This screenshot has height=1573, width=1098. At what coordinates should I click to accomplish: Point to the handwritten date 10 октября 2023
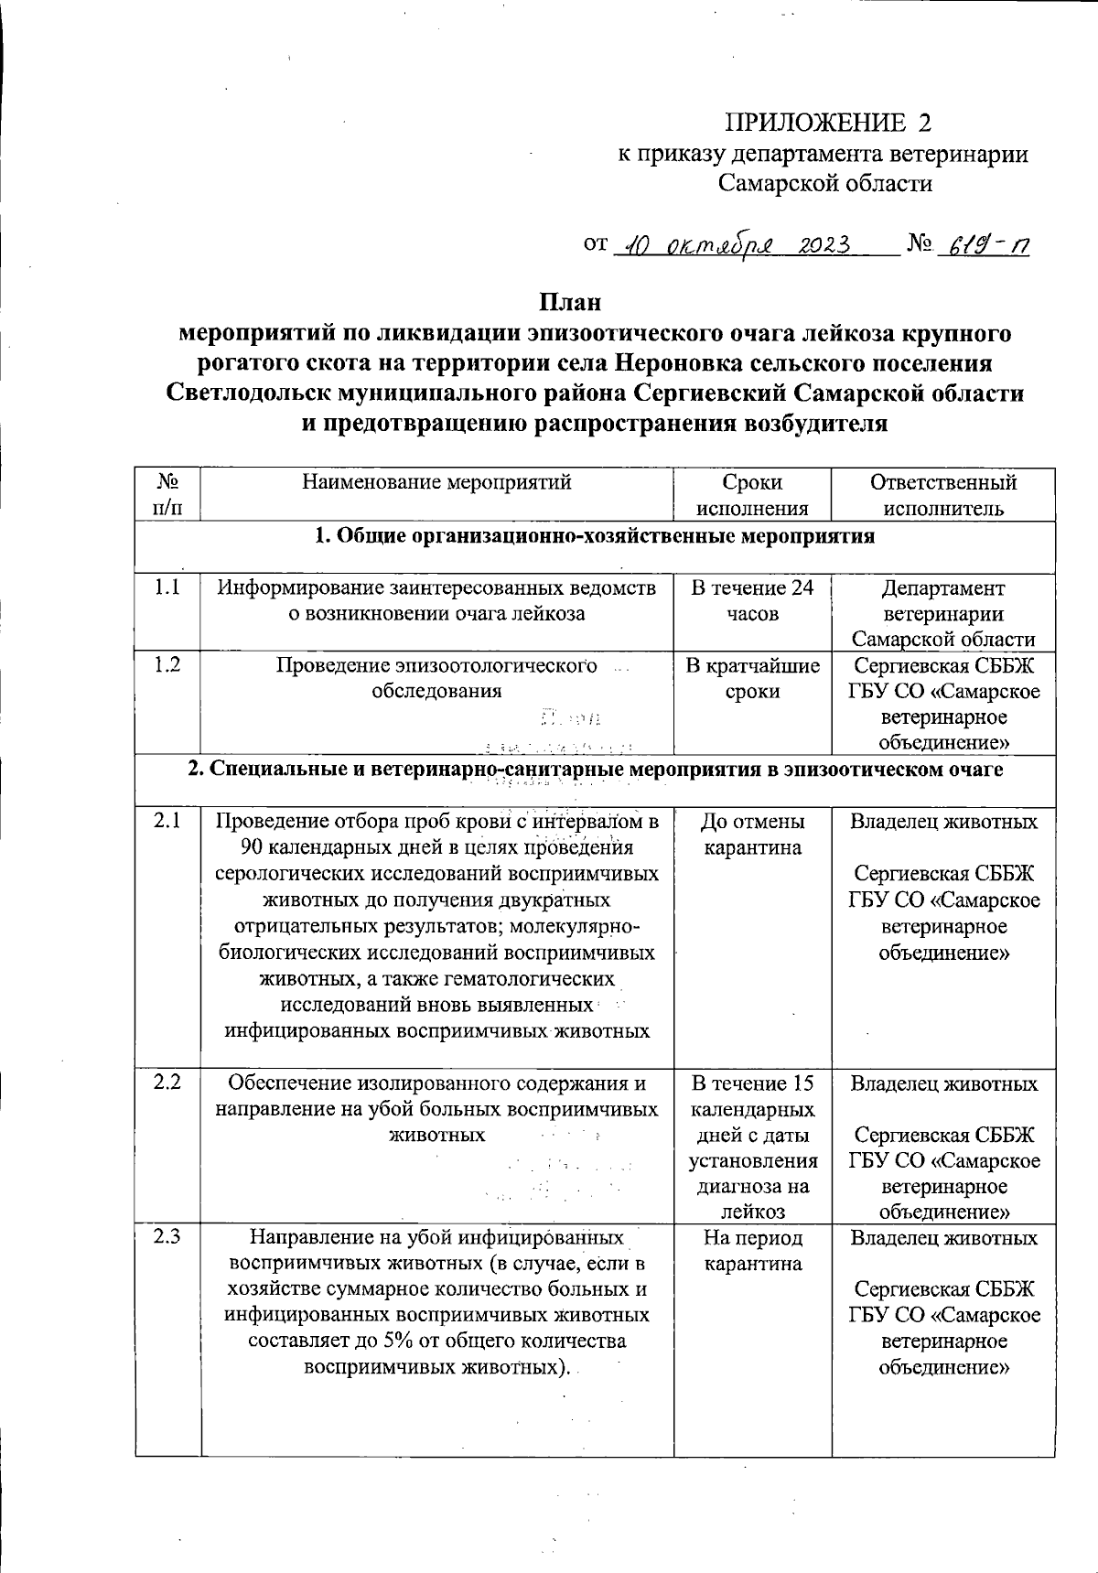coord(733,246)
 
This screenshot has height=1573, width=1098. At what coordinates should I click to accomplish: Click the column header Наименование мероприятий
coord(436,482)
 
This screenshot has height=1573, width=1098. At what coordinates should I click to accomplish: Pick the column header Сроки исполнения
coord(752,495)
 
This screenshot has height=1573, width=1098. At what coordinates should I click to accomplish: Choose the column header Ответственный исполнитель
coord(942,495)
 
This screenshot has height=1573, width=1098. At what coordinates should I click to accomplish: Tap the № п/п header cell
coord(167,495)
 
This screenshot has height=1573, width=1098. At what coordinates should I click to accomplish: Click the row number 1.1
coord(167,588)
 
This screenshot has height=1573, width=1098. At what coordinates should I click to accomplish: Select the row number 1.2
coord(167,665)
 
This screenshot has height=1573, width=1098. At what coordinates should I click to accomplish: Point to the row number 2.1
coord(167,822)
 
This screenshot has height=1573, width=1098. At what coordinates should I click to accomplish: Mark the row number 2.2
coord(167,1083)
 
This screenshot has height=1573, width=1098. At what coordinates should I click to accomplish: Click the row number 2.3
coord(167,1238)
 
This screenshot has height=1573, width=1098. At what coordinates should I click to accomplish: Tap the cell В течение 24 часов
coord(752,601)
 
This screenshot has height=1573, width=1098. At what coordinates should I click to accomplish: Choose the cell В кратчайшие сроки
coord(752,678)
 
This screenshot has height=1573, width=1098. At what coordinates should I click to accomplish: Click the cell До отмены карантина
coord(752,835)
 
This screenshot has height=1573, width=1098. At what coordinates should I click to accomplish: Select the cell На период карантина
coord(752,1251)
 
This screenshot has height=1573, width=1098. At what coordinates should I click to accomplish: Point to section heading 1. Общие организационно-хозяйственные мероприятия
coord(595,536)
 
